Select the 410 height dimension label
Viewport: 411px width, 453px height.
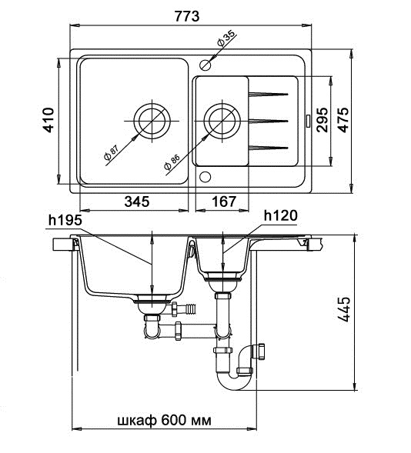click(48, 120)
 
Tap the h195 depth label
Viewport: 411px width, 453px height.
click(65, 220)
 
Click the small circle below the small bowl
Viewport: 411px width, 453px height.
click(205, 176)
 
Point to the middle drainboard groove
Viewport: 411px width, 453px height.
click(269, 119)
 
